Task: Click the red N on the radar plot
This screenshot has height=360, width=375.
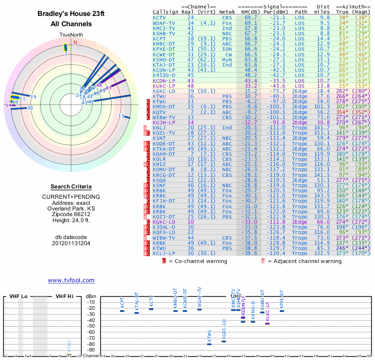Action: (75, 42)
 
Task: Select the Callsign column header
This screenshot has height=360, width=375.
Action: (165, 12)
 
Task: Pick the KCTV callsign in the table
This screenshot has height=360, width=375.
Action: (159, 17)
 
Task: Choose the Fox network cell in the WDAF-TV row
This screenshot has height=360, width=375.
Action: (227, 23)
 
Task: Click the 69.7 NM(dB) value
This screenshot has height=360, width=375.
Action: (251, 17)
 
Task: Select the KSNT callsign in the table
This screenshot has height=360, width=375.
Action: (159, 138)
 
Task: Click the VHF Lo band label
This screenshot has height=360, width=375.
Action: (18, 296)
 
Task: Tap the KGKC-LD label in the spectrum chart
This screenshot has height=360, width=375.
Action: (224, 328)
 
